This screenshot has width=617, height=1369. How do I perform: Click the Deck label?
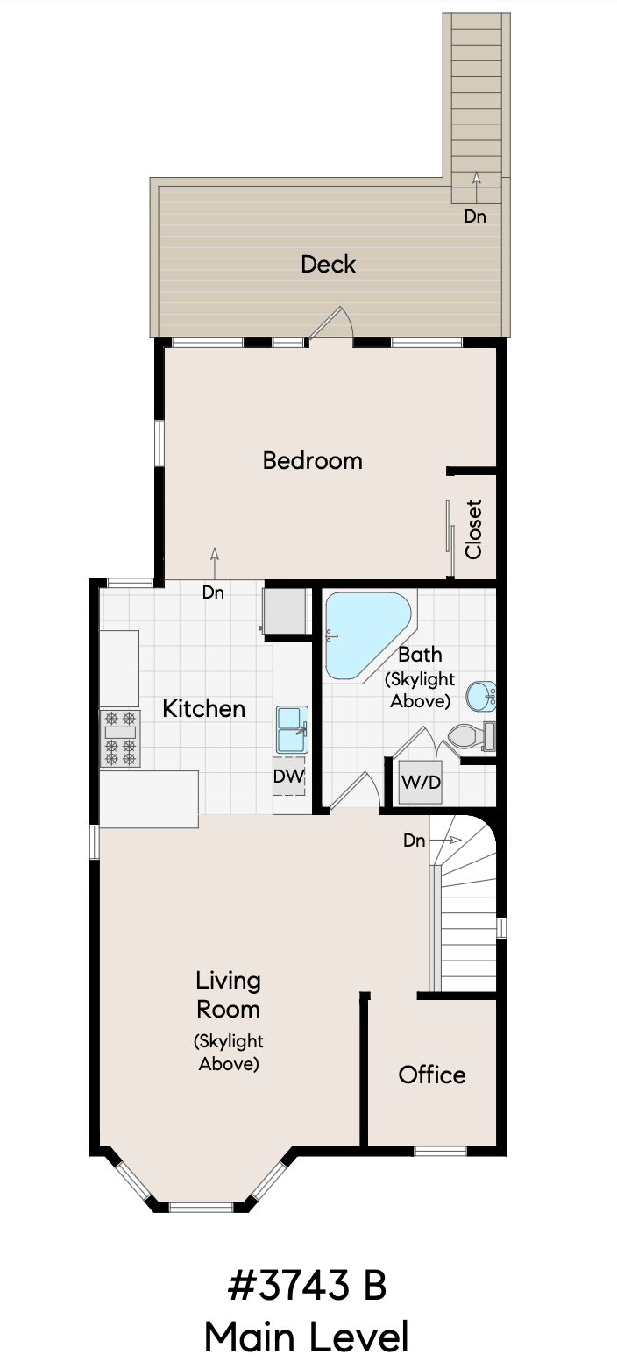[328, 264]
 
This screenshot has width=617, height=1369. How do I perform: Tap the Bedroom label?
[312, 460]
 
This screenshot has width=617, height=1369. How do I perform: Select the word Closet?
[473, 528]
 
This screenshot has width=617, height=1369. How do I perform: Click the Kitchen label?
[204, 708]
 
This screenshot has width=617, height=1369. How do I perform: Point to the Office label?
[432, 1075]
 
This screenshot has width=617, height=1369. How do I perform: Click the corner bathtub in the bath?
[366, 635]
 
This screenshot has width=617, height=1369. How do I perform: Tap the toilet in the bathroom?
[472, 736]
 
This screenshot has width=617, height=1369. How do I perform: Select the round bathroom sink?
[481, 697]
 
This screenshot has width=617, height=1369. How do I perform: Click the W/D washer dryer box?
[421, 782]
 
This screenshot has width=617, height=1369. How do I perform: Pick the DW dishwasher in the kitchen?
[289, 777]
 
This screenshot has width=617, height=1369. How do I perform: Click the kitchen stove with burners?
[120, 738]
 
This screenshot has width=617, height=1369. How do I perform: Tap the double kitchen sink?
[292, 730]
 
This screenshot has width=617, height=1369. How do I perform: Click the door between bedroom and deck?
[330, 323]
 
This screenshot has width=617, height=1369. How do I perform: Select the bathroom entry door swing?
[356, 792]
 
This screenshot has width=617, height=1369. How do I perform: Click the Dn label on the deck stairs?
[475, 216]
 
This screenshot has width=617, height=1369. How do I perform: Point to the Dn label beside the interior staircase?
[415, 841]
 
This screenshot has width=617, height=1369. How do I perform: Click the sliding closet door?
[450, 538]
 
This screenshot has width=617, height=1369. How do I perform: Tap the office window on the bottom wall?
[441, 1152]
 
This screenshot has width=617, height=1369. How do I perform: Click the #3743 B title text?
[308, 1284]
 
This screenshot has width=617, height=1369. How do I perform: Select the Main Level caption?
[307, 1336]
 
